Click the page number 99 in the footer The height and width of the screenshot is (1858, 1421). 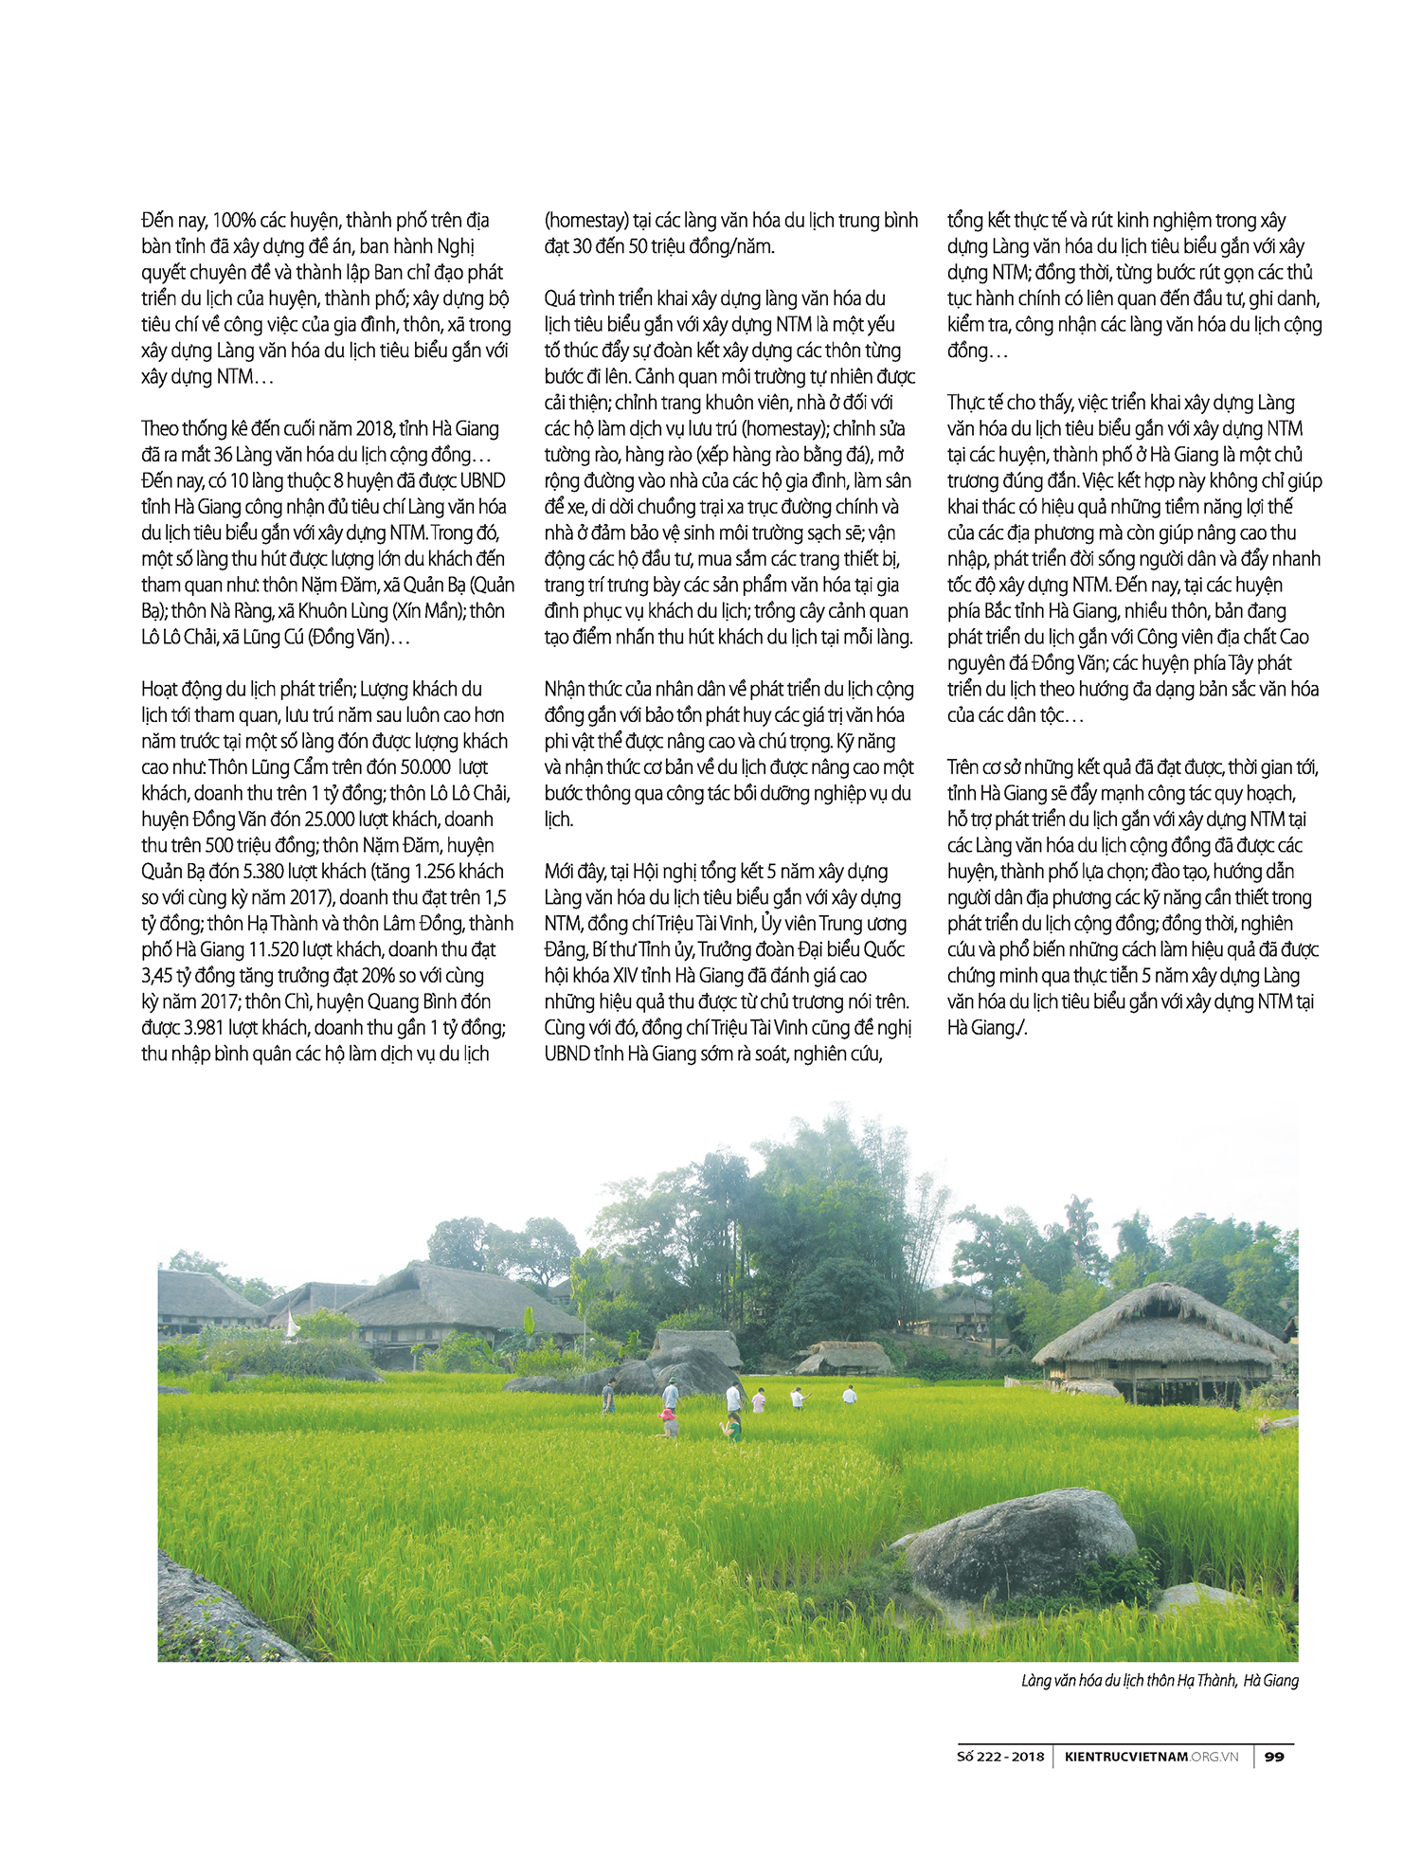[x=1274, y=1756]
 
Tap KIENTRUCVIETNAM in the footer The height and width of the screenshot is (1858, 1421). [x=1125, y=1756]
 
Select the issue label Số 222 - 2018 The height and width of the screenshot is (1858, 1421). [x=1000, y=1756]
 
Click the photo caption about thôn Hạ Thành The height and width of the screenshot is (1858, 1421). [x=1160, y=1680]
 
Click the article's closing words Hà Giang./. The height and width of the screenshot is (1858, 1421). [x=987, y=1028]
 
